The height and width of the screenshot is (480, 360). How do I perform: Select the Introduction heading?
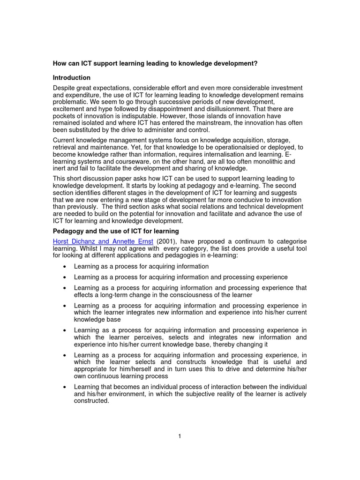coord(72,78)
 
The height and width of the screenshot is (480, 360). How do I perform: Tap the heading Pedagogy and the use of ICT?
coord(116,231)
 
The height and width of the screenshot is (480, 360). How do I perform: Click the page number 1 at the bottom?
coord(180,436)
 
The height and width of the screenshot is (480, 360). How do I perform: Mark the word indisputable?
coord(130,116)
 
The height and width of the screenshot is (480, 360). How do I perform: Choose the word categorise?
coord(291,241)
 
